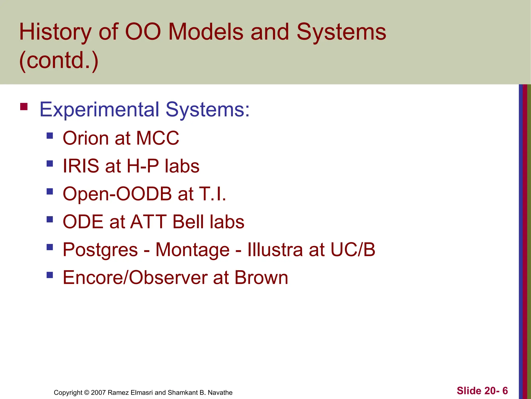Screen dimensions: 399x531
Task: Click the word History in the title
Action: click(55, 32)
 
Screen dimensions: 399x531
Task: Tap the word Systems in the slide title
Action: click(341, 32)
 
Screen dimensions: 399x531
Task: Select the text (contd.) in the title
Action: click(59, 60)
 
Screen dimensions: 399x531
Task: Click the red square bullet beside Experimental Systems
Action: click(24, 107)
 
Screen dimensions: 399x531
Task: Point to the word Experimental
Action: click(99, 110)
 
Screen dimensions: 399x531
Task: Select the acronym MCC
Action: click(158, 138)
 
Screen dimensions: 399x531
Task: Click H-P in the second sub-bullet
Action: click(143, 166)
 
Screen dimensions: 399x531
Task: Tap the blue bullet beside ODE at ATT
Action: click(50, 220)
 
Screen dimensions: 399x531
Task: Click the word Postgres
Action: click(100, 250)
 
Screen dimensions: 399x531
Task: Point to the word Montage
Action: click(192, 250)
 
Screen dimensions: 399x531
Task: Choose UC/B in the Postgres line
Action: click(353, 250)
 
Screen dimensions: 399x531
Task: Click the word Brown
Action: click(261, 278)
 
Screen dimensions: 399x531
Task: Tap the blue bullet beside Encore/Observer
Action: click(50, 275)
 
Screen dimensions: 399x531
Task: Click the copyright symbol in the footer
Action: click(87, 393)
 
